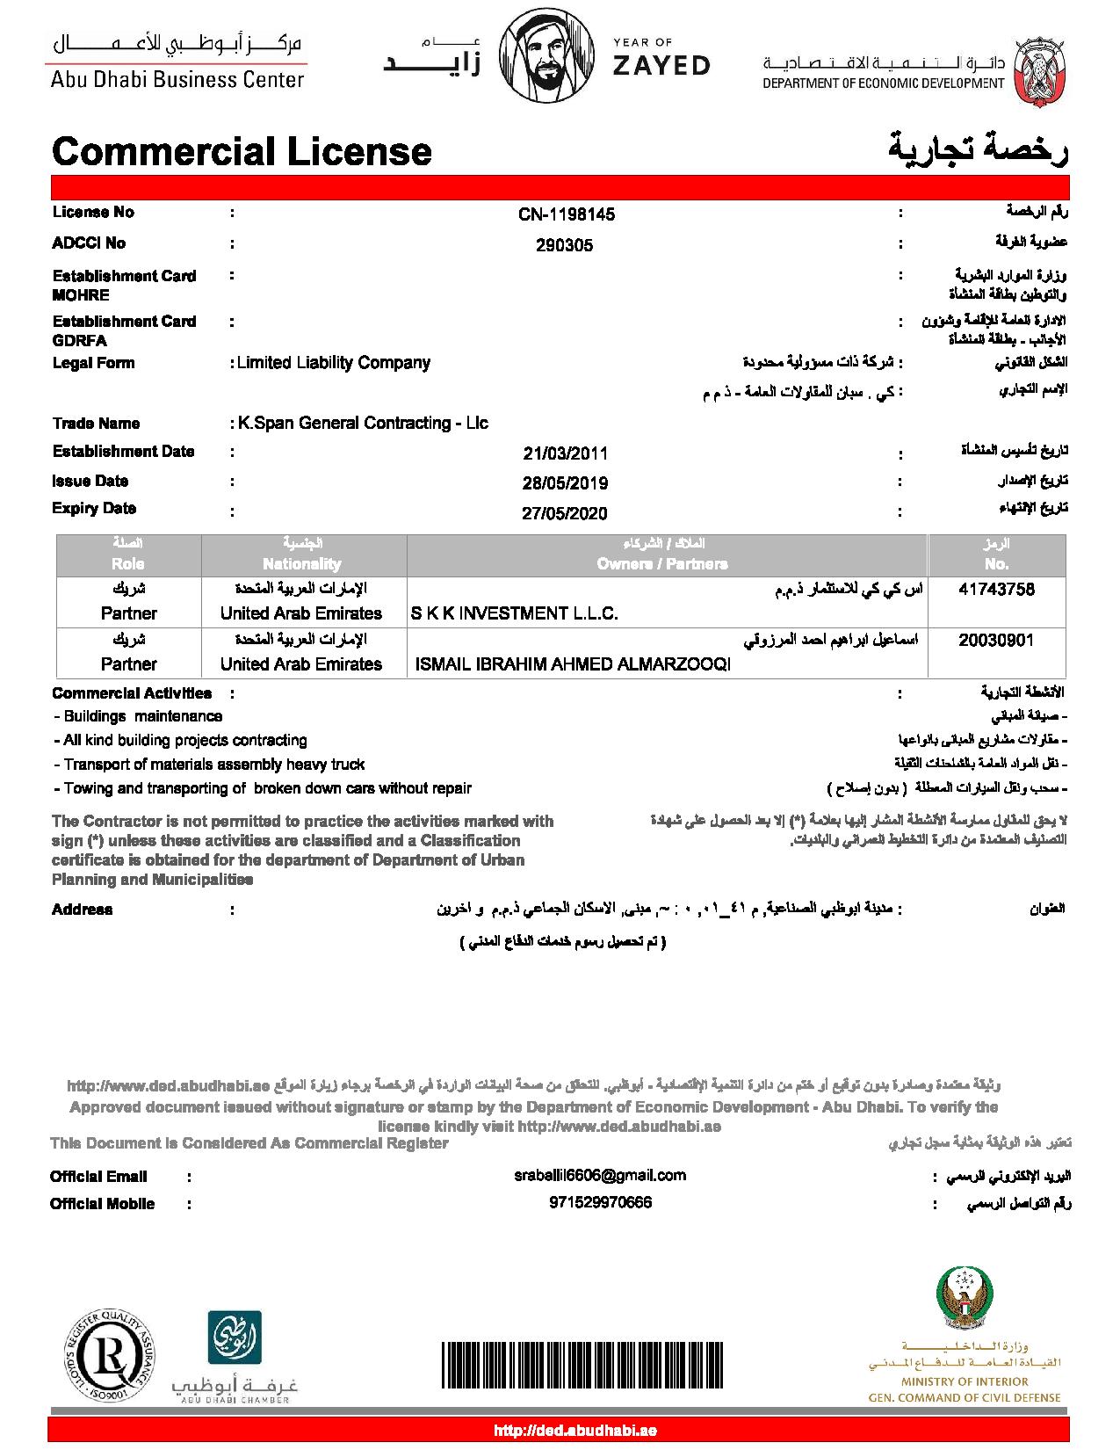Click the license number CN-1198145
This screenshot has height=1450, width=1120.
click(567, 214)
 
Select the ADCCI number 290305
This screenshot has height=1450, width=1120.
click(564, 246)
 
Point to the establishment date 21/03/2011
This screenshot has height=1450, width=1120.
click(565, 453)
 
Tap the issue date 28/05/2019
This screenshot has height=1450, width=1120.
click(565, 483)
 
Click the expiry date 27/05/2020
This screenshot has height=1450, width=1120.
click(565, 513)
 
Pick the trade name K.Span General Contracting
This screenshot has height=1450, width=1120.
click(363, 424)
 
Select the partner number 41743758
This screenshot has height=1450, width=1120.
click(996, 590)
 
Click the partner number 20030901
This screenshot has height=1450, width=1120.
click(996, 641)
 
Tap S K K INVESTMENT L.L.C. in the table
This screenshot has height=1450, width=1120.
click(515, 613)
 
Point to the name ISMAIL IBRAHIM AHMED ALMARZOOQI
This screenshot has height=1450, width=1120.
click(572, 665)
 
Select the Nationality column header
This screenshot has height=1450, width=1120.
click(301, 564)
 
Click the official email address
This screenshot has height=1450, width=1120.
click(600, 1176)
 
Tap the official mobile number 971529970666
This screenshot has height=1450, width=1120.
click(600, 1203)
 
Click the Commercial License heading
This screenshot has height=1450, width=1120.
click(242, 151)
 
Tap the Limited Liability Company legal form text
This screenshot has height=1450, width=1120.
click(334, 363)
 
